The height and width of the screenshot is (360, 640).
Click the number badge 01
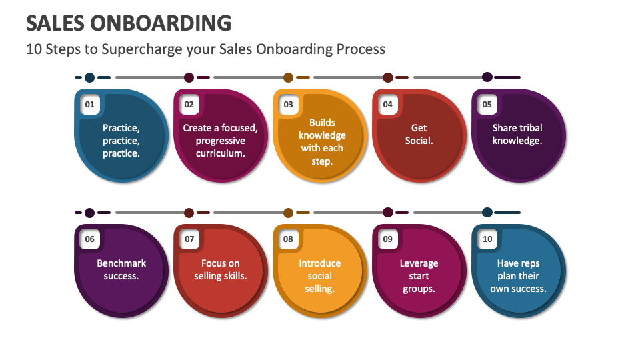pos(89,105)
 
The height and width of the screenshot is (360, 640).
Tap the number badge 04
pos(387,105)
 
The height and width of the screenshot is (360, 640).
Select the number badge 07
pos(189,239)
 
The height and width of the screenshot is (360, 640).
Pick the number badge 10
pos(487,239)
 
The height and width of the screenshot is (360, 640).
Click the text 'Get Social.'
pos(419,134)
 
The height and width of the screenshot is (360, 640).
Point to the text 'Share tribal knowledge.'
pos(517,134)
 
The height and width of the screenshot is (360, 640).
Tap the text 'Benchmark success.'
pos(121,269)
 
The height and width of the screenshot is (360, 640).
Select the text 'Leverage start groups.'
pos(419,276)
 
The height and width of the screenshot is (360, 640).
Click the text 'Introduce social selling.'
pos(320,276)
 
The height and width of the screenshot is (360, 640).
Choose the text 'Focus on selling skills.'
pos(221,269)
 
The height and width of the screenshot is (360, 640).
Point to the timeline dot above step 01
pos(89,77)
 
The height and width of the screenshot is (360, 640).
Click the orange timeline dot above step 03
pos(288,77)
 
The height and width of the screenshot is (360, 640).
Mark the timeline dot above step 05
pos(487,77)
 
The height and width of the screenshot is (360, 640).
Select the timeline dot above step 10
pos(487,213)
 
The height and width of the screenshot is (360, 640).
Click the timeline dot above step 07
pos(189,213)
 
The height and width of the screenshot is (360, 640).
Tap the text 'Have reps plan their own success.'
pos(518,276)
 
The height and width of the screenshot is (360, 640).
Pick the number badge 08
pos(288,239)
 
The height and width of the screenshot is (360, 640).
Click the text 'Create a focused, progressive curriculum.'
pos(221,141)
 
